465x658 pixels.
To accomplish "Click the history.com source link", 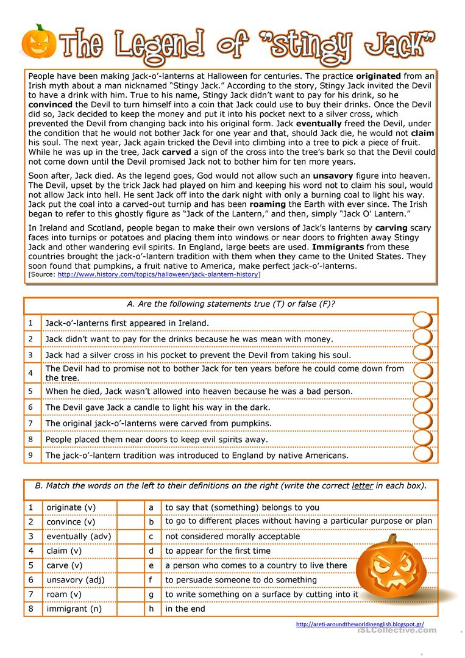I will click(x=158, y=275).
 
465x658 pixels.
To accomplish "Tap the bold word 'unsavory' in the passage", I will click(x=334, y=175).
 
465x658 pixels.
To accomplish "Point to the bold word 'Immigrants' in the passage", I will click(x=338, y=247).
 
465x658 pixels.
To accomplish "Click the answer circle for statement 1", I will click(x=422, y=321).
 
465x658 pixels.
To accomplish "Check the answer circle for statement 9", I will click(x=422, y=454).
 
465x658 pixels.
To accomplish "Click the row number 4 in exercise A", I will click(x=30, y=373).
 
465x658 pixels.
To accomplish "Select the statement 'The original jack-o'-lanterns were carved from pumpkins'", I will click(x=158, y=423).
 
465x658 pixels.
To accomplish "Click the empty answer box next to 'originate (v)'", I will click(x=129, y=507).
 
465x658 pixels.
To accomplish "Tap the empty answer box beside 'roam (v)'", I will click(x=129, y=595).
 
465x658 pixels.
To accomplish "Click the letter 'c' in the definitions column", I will click(x=151, y=537).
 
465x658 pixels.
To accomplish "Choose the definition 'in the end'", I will click(x=185, y=609).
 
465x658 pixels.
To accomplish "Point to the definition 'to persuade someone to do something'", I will click(x=241, y=580).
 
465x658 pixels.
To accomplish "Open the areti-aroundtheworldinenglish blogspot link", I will click(x=360, y=624).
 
